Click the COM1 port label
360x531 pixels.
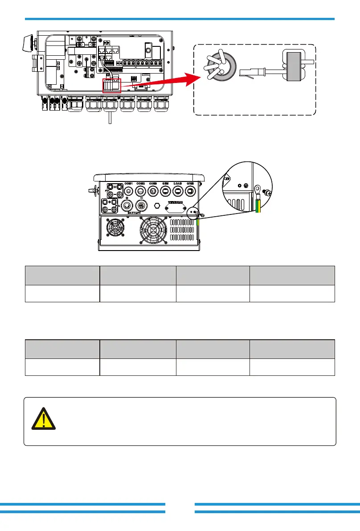click(x=129, y=183)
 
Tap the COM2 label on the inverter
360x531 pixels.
click(x=141, y=183)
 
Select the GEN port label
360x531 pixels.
click(x=166, y=183)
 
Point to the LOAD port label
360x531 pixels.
click(x=178, y=183)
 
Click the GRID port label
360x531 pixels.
click(x=190, y=183)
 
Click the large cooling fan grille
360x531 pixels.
click(x=152, y=231)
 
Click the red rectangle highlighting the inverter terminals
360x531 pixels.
click(x=112, y=85)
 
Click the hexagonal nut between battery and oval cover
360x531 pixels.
click(x=157, y=206)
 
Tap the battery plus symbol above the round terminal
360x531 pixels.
click(x=127, y=198)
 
